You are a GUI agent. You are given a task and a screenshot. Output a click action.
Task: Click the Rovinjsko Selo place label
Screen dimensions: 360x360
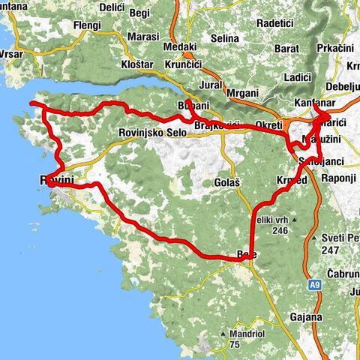click(x=152, y=133)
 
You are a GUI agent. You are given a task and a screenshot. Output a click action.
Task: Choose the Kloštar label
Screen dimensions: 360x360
click(x=136, y=65)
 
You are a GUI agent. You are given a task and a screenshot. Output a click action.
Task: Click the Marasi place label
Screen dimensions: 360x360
click(x=142, y=36)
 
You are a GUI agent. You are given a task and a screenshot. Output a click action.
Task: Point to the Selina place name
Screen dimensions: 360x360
click(x=223, y=37)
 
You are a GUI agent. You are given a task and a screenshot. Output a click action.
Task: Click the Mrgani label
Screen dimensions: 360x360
click(x=242, y=92)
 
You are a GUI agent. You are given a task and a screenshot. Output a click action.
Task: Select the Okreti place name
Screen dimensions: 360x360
click(x=268, y=124)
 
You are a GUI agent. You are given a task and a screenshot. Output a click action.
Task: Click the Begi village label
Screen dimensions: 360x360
click(x=139, y=13)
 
